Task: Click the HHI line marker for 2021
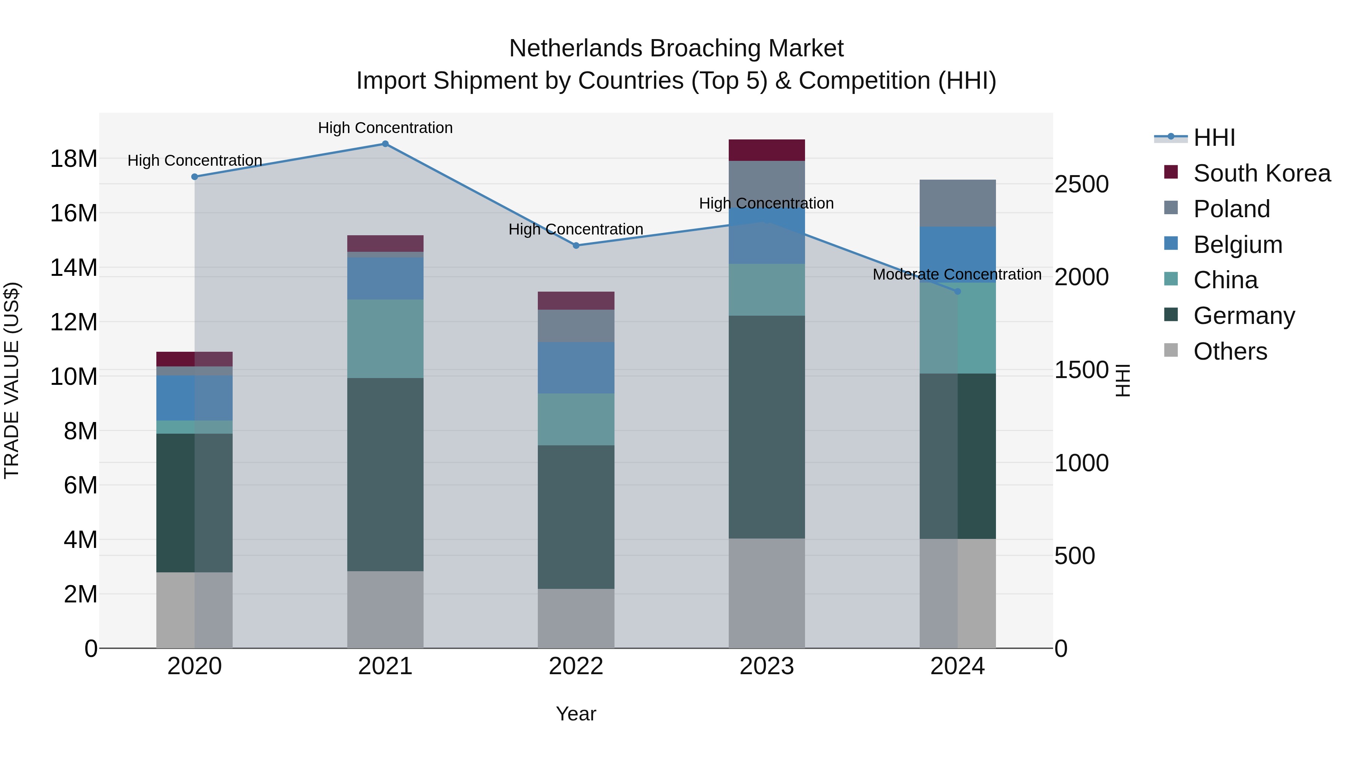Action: [385, 144]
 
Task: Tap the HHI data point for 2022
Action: [576, 245]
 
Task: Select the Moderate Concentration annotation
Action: [956, 274]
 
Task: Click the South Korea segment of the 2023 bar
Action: [766, 150]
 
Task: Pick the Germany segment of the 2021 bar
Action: [385, 474]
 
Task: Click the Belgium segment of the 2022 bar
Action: [576, 368]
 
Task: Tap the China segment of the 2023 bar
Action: [766, 289]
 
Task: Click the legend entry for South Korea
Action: [1262, 173]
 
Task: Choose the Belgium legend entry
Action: [1238, 245]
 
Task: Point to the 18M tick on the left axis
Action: [74, 159]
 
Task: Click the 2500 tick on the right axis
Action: [1081, 185]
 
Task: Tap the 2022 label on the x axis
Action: [576, 666]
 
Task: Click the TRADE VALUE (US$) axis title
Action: [12, 380]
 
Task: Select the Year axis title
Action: [576, 714]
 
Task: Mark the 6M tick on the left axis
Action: [80, 485]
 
